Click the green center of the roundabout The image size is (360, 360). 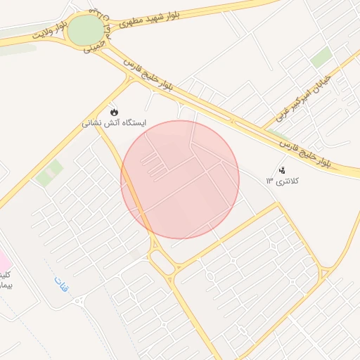[86, 30]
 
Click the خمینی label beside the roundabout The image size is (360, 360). [94, 46]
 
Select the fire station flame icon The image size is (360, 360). [114, 112]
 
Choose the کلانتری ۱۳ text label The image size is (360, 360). [282, 181]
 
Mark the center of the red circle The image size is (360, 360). [180, 179]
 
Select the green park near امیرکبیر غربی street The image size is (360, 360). [321, 58]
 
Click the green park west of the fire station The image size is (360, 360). [49, 173]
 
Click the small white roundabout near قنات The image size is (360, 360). [77, 302]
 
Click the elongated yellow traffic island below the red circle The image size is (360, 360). [163, 262]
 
